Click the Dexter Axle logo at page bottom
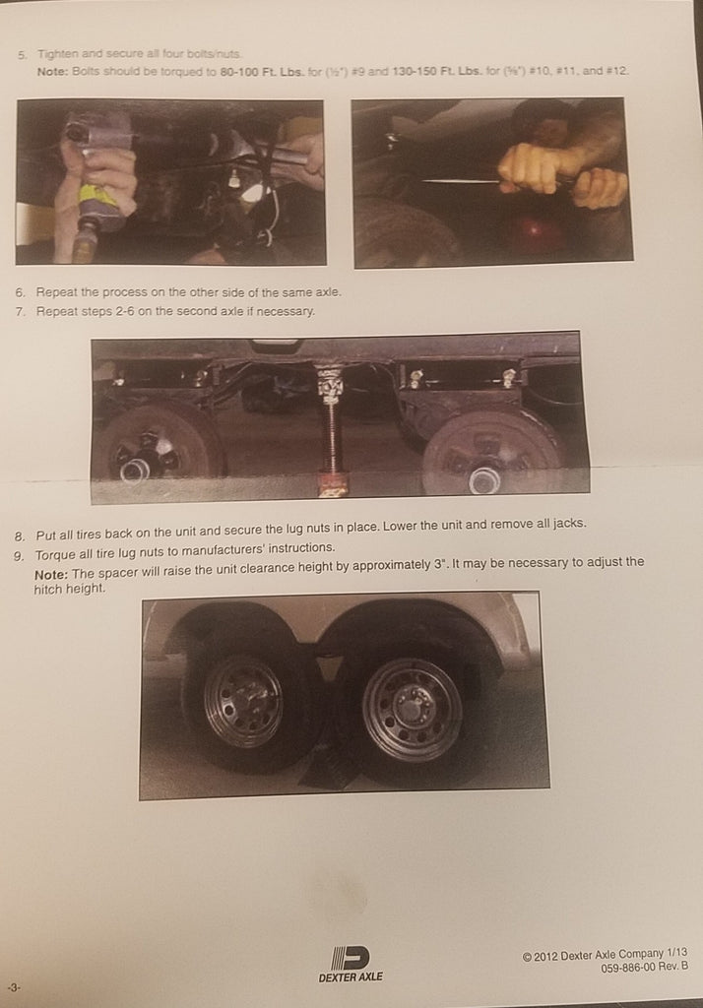[351, 963]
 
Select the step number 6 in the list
[22, 292]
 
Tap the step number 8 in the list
[21, 536]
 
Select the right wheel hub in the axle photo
[483, 478]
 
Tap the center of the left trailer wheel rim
[242, 701]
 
